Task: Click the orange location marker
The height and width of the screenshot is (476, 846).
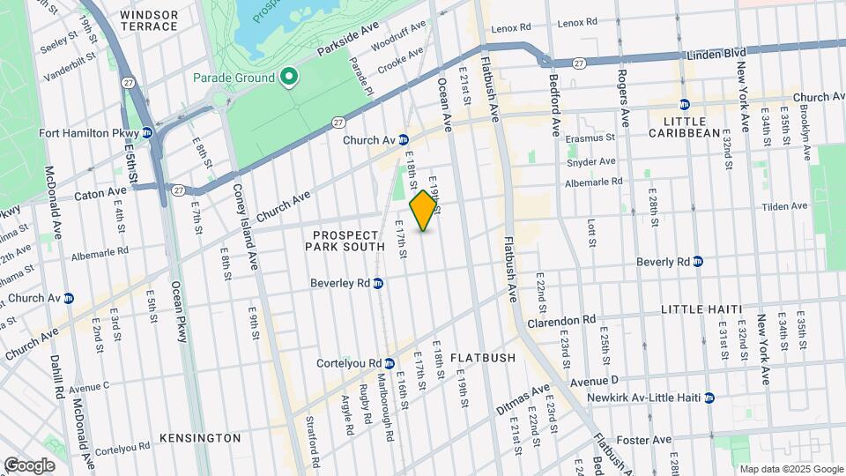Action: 424,210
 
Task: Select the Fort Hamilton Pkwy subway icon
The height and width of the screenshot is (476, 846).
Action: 147,133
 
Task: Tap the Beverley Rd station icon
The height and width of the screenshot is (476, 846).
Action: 377,283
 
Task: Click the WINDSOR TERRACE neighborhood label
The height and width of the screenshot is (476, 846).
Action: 149,21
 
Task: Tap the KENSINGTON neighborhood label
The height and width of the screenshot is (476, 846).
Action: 200,437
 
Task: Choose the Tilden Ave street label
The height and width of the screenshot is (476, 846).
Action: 786,206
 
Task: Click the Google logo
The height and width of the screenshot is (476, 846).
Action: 29,465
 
